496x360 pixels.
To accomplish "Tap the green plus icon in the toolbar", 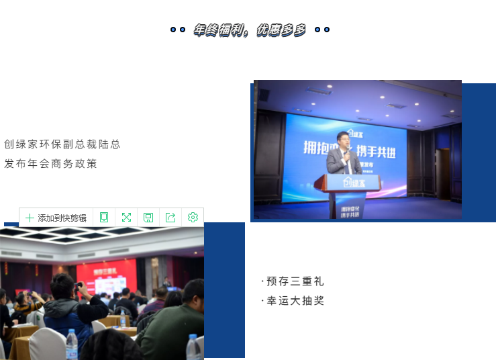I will pos(30,218).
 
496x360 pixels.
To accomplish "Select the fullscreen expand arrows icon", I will pos(126,217).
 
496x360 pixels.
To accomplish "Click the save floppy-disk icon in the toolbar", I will pos(148,217).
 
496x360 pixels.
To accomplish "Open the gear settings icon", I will pos(193,217).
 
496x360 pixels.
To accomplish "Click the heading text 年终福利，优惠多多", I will pos(250,30).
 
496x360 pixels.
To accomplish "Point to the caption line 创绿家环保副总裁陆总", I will pos(62,144).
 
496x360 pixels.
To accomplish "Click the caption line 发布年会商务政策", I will pos(51,164).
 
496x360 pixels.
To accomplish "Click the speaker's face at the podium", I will pos(343,139).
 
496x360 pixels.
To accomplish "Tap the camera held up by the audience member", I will pos(78,285).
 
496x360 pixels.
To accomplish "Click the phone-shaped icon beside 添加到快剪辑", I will pos(104,217).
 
